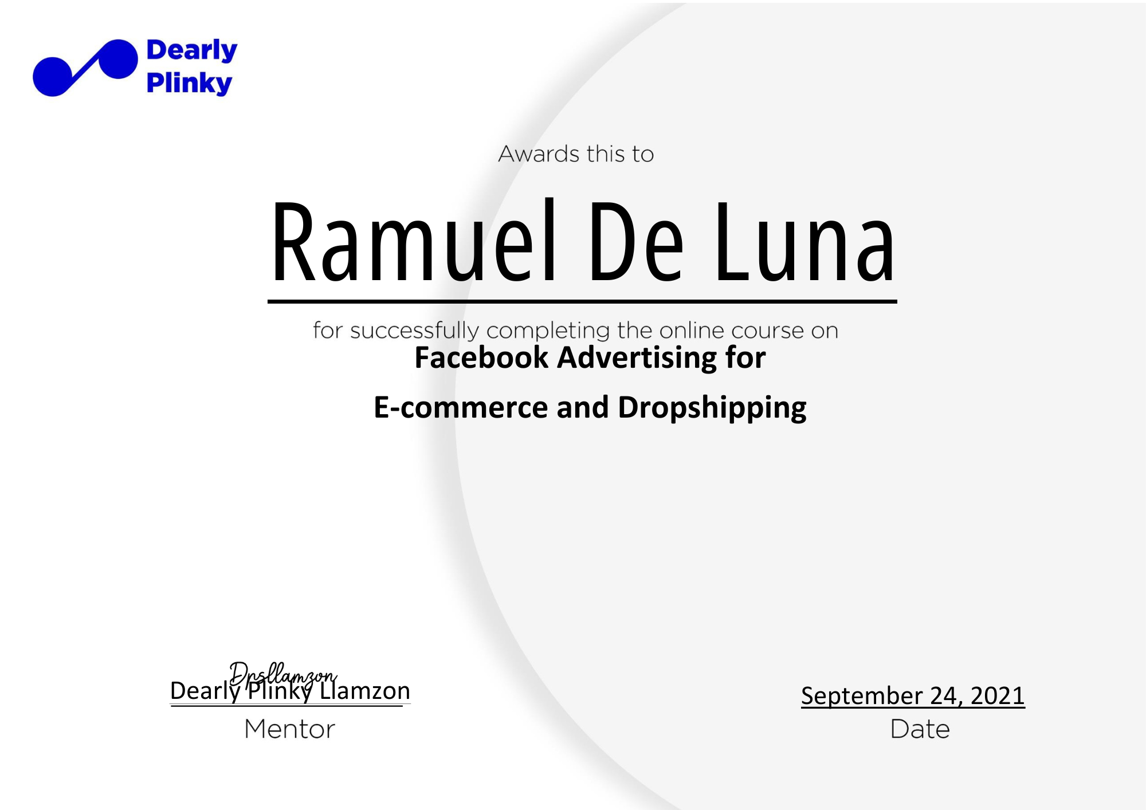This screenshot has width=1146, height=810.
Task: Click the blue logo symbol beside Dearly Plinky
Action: (85, 68)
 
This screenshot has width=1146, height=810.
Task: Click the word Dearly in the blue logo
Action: (191, 51)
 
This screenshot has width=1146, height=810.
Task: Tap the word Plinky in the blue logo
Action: (189, 83)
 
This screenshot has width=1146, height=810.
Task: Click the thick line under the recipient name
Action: (582, 301)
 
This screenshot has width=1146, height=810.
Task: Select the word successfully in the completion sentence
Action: (414, 331)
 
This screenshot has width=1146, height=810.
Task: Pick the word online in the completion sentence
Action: (692, 331)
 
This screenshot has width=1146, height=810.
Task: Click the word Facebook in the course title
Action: (481, 357)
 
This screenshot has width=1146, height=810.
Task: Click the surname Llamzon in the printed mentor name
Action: (365, 691)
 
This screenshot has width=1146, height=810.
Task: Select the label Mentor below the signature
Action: (289, 729)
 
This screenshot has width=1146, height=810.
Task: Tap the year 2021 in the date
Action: (998, 695)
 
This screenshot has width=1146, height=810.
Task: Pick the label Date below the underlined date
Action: (920, 729)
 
